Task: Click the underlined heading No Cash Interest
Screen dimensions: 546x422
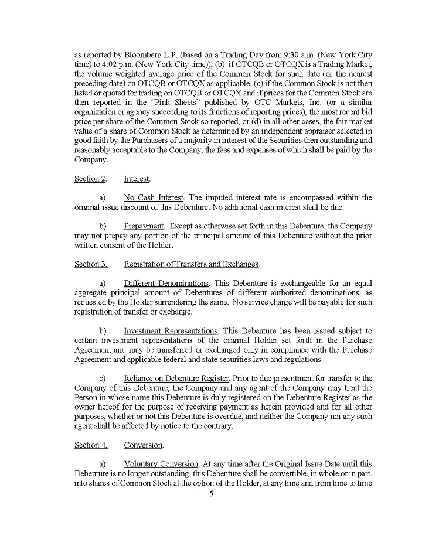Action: click(154, 197)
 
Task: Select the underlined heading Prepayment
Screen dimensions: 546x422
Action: click(144, 226)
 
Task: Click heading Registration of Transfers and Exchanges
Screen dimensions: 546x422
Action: click(191, 264)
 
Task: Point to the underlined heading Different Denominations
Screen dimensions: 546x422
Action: click(166, 283)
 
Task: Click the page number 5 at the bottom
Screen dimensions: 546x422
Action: click(211, 494)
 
